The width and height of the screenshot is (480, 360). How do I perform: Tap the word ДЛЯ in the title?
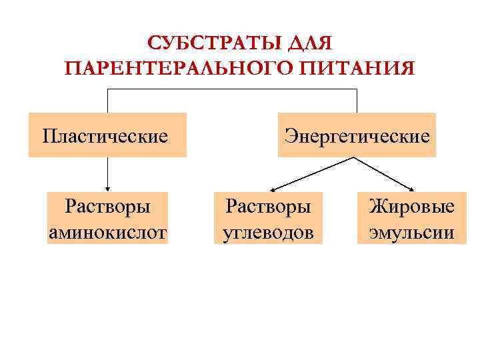309,44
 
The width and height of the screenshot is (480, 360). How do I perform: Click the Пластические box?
107,135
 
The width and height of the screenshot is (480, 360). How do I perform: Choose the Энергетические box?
357,135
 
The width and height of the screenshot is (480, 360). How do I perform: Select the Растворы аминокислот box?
107,219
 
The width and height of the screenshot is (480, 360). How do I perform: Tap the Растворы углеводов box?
267,219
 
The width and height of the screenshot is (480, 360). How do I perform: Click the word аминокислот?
107,233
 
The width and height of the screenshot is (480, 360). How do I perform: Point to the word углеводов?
267,233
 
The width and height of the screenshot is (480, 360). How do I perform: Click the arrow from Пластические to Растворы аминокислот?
107,175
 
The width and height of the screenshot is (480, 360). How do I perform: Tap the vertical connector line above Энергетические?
357,101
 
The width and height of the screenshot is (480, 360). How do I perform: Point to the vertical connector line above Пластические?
107,101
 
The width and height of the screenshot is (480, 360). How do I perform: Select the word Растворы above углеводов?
267,205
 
